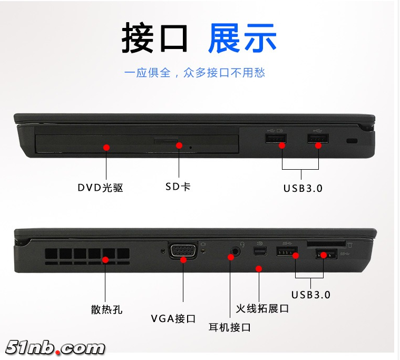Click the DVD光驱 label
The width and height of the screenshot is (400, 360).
100,188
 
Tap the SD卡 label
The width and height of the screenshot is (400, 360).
178,187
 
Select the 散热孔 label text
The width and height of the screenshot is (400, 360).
106,309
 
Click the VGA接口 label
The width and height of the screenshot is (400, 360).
173,319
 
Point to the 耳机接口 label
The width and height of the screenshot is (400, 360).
230,327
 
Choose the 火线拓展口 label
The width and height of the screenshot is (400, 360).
262,308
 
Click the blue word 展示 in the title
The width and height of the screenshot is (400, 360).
242,38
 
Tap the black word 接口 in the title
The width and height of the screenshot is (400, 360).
154,38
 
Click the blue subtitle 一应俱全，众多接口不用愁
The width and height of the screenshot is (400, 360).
194,73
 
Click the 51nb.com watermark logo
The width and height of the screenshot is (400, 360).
55,347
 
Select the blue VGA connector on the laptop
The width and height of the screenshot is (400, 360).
183,250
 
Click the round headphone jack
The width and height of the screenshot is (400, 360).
236,252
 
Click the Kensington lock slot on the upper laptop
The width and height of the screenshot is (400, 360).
352,141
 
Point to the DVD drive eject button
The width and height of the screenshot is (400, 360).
166,141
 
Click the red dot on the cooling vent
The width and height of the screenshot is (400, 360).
105,260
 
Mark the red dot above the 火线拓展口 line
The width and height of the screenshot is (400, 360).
259,269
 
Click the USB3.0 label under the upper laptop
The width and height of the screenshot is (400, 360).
303,188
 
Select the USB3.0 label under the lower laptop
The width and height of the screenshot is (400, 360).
311,295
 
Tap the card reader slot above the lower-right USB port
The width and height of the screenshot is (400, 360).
326,244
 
